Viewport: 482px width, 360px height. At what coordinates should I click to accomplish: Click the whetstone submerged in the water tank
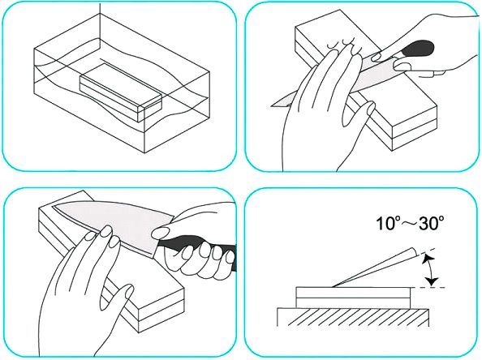click(120, 92)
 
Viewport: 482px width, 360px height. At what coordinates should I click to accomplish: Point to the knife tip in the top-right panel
click(273, 106)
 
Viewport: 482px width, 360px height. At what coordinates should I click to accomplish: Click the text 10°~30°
click(411, 223)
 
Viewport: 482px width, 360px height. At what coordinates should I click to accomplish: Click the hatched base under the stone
click(353, 317)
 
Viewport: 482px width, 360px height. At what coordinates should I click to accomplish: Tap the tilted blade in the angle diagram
click(376, 268)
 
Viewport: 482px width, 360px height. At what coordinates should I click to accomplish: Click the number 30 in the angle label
click(428, 224)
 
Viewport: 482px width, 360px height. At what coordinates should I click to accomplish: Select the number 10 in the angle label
click(385, 224)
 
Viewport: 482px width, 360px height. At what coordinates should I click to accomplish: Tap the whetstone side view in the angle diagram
click(353, 298)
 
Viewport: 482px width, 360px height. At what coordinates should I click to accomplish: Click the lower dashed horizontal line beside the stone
click(428, 287)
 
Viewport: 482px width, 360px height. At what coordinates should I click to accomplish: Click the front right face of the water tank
click(177, 112)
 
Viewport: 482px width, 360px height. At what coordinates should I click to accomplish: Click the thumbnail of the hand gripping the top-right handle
click(402, 66)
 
